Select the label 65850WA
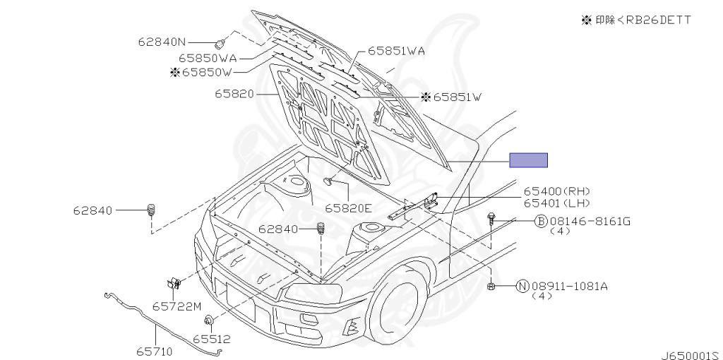(x=208, y=58)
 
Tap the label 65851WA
(x=395, y=52)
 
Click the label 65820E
(x=348, y=208)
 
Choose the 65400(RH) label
(x=556, y=191)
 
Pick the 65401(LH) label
(x=556, y=203)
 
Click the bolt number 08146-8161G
(x=590, y=222)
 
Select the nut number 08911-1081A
(x=570, y=286)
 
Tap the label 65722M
(x=177, y=306)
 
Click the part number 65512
(x=212, y=340)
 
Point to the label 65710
(x=154, y=351)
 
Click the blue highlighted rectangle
(x=529, y=160)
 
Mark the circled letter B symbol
(x=541, y=222)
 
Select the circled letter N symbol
(x=522, y=286)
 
